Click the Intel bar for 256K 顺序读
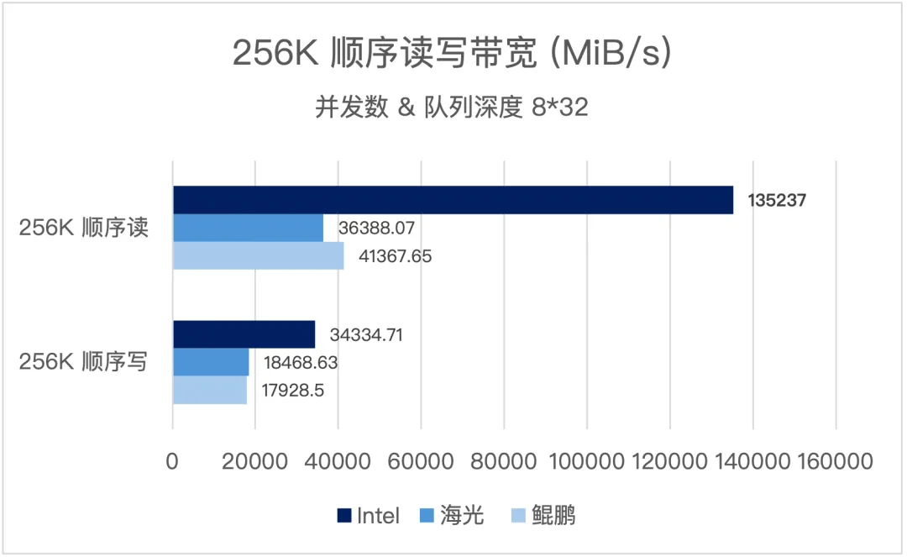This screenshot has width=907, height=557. (x=453, y=200)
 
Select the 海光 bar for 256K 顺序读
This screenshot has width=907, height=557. (x=248, y=228)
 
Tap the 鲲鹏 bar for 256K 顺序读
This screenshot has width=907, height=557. (x=258, y=255)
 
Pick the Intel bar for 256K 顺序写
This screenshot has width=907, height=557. (x=244, y=334)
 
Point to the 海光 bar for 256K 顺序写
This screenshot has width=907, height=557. (x=211, y=362)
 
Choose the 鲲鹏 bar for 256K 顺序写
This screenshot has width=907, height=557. (x=210, y=391)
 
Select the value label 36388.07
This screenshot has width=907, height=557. (x=377, y=228)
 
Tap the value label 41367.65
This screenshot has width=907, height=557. (x=394, y=256)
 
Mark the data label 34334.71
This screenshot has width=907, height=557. (x=367, y=335)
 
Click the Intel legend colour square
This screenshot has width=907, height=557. (x=343, y=515)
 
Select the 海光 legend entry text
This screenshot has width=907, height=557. (x=463, y=515)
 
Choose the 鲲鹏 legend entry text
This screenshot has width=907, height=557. (x=553, y=515)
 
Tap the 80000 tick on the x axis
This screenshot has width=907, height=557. (x=503, y=461)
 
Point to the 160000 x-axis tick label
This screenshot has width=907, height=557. (x=835, y=461)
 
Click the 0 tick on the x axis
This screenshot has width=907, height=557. (x=173, y=461)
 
